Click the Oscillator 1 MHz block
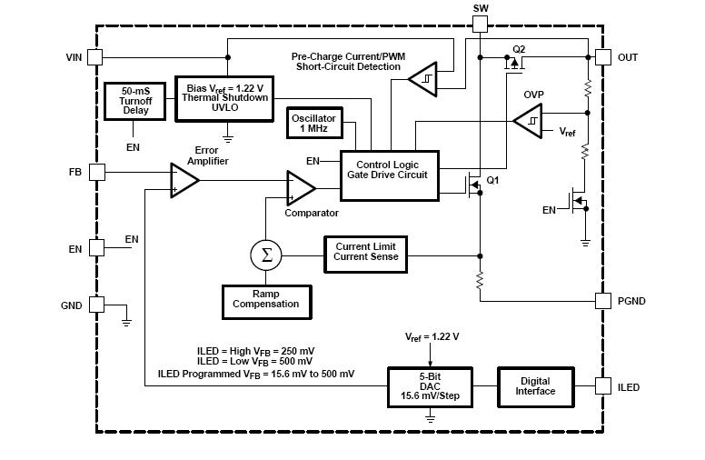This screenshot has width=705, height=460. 313,125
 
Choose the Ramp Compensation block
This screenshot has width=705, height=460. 265,300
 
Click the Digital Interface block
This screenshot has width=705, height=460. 535,387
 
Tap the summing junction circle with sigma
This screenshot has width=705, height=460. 266,255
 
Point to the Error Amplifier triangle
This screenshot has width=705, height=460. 183,180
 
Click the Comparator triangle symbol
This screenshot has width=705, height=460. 300,187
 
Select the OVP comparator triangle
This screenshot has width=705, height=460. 526,120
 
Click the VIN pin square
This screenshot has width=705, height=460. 96,57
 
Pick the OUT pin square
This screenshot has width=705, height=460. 602,57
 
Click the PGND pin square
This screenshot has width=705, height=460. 602,300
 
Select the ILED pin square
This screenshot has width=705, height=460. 602,387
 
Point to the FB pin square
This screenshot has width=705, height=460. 96,172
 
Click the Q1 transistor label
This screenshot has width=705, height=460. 493,181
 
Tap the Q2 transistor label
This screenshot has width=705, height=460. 520,48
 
